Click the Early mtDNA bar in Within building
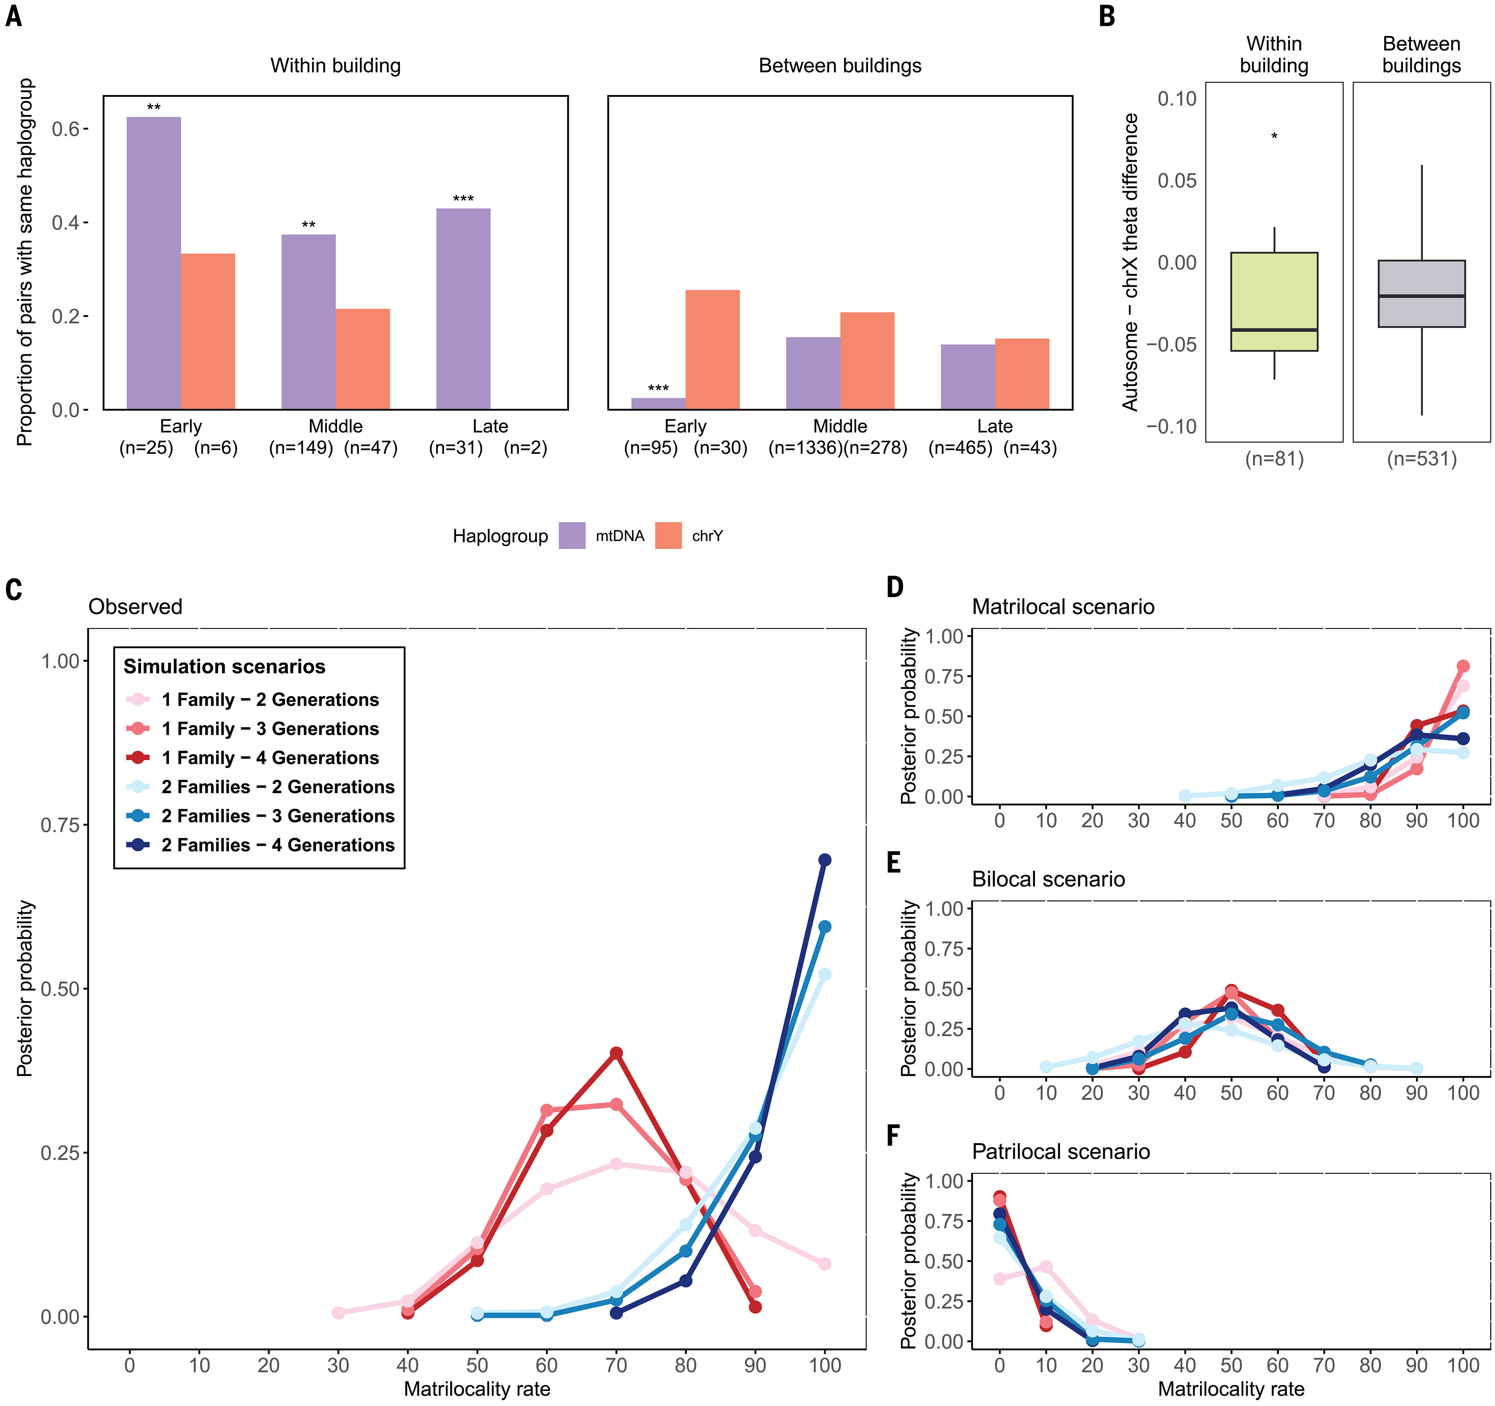154,263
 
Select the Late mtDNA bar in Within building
463,308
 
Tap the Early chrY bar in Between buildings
712,350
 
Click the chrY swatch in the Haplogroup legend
668,535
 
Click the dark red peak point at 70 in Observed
616,1053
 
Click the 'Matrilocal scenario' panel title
1063,607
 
